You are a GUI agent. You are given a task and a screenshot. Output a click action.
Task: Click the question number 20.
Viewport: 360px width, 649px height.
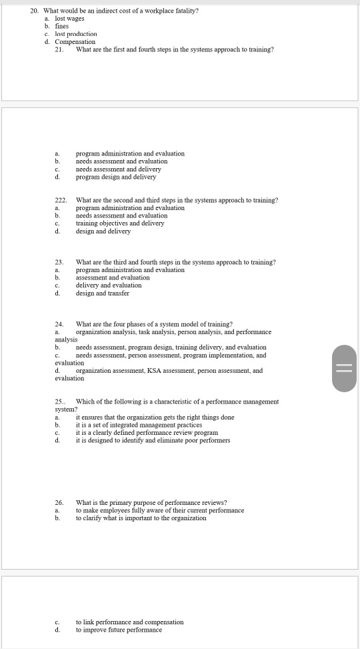tap(35, 11)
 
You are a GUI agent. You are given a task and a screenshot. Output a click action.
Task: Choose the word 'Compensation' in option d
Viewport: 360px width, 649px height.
tap(75, 41)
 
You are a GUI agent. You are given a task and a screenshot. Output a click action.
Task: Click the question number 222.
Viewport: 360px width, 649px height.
tap(61, 200)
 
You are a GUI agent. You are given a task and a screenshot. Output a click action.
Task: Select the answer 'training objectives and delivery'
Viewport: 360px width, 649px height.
tap(120, 223)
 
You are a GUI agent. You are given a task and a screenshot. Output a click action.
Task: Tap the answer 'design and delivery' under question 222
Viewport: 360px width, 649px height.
tap(103, 231)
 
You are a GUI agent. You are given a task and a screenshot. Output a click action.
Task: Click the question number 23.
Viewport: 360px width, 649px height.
tap(59, 262)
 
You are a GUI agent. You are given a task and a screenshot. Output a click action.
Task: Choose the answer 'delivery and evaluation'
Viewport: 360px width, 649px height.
tap(108, 285)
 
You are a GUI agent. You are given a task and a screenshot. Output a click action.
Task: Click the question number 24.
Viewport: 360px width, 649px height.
tap(59, 324)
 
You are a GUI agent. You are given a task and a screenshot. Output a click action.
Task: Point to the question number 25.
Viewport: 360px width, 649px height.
tap(59, 402)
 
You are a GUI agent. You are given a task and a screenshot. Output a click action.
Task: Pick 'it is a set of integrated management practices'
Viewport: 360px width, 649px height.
tap(139, 425)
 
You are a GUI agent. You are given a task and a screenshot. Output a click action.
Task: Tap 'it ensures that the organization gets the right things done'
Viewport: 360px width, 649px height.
tap(155, 418)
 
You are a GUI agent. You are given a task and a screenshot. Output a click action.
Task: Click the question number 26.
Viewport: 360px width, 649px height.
tap(59, 502)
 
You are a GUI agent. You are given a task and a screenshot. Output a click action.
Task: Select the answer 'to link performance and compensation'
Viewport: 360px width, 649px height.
tap(129, 622)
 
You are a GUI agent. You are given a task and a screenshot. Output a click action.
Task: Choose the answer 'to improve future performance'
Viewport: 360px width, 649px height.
tap(119, 630)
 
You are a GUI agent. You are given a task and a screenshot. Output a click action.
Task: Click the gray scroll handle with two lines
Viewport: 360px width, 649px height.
tap(343, 368)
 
